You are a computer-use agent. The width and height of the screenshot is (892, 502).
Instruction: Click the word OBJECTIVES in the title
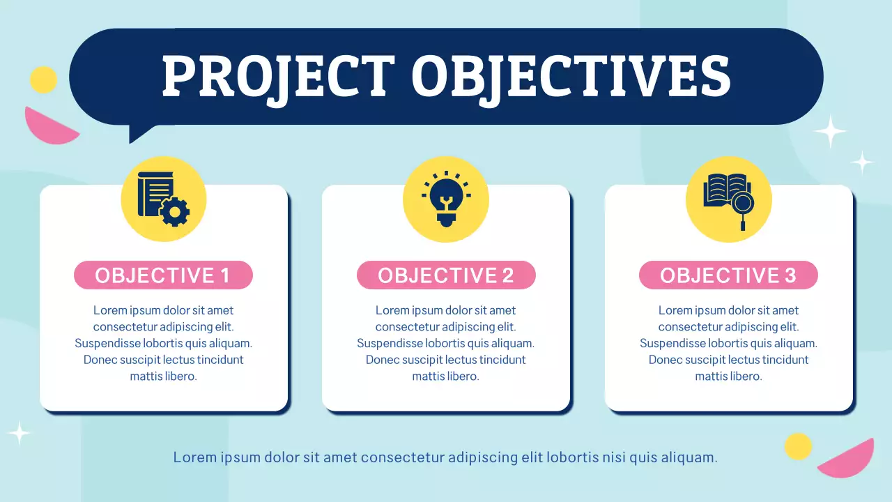tap(571, 76)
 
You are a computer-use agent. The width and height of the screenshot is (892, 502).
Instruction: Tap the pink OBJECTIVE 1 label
tap(163, 275)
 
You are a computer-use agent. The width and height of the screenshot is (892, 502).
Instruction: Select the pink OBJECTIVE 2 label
tap(446, 275)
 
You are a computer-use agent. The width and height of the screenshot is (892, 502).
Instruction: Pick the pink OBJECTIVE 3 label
tap(728, 275)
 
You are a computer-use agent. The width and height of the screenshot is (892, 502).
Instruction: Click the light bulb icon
tap(446, 199)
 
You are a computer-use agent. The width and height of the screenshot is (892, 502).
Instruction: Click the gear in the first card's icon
tap(174, 211)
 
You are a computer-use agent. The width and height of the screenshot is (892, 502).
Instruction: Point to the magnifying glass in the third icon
tap(744, 206)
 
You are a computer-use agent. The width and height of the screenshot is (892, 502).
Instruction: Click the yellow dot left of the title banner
tap(43, 79)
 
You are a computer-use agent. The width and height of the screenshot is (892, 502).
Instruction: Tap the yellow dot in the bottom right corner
tap(798, 446)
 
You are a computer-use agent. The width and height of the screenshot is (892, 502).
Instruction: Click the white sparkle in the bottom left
tap(19, 433)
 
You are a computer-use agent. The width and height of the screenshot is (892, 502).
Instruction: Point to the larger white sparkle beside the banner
tap(829, 131)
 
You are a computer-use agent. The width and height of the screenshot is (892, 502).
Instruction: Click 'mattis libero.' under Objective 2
tap(446, 376)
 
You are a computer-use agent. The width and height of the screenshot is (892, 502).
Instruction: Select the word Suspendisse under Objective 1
tap(108, 343)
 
